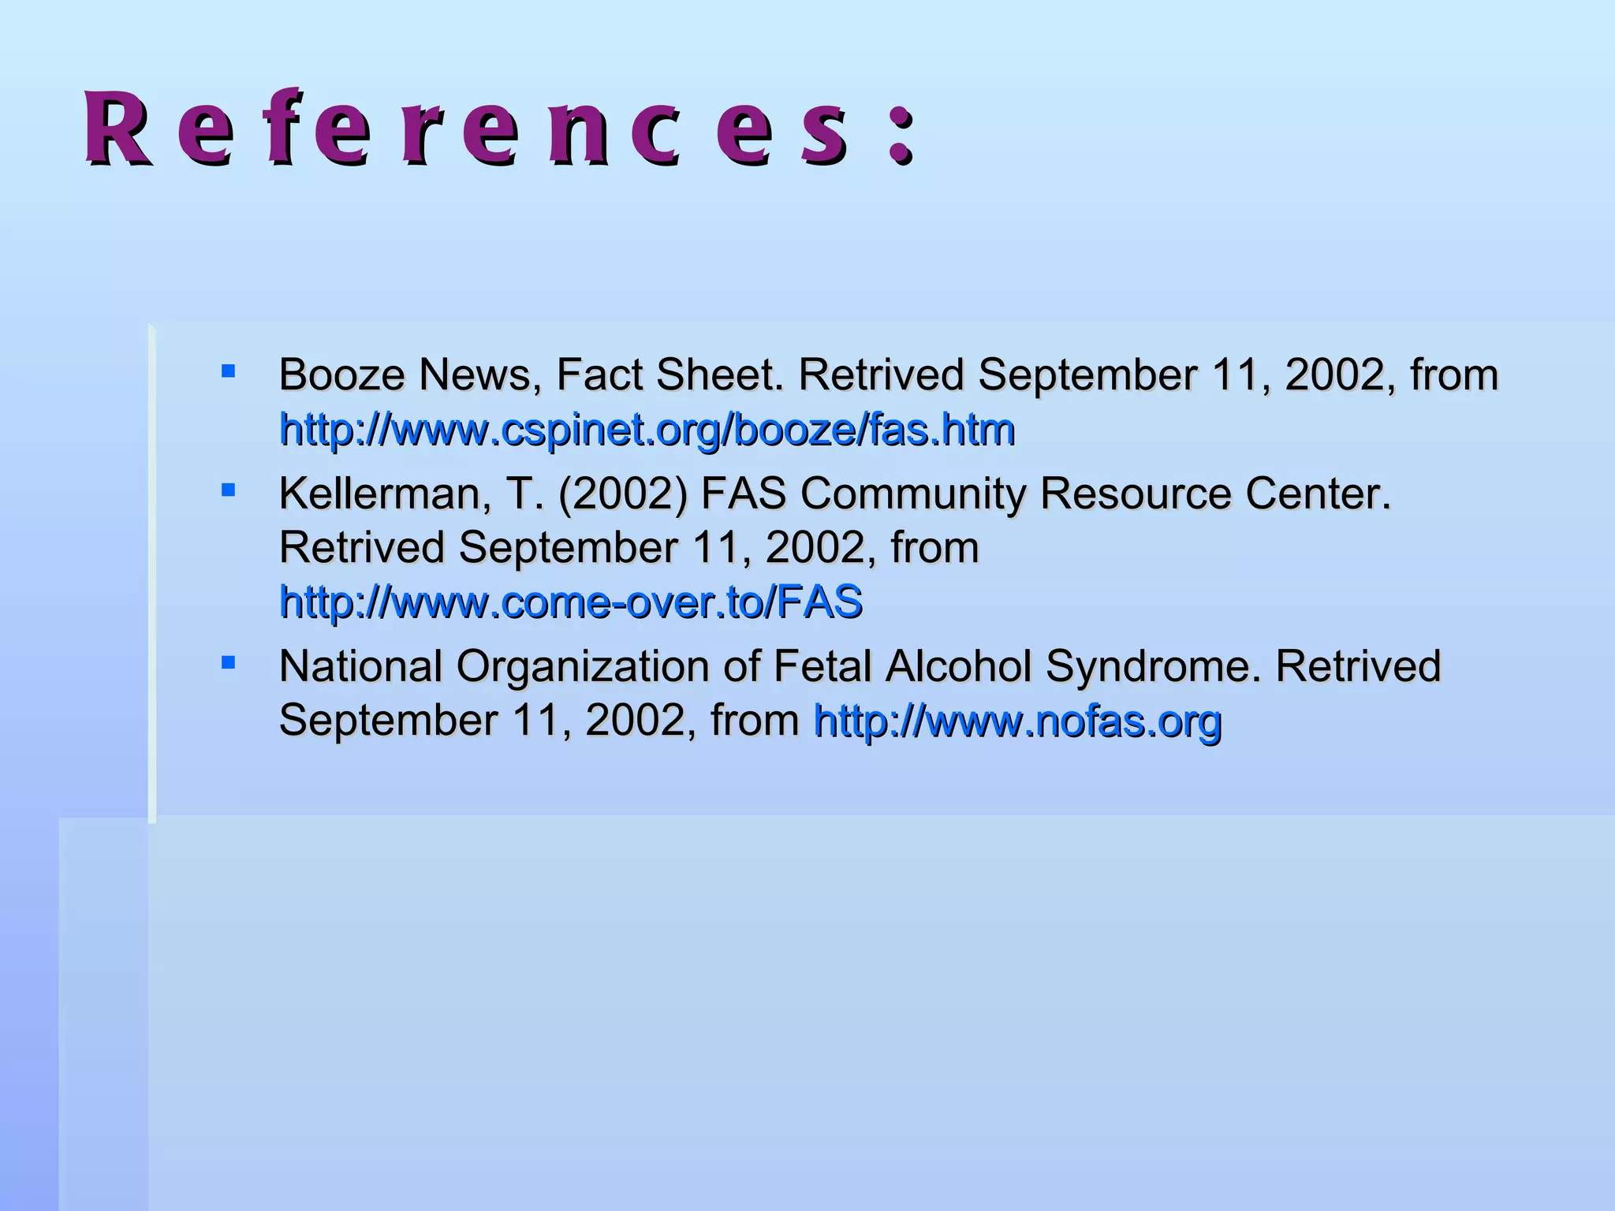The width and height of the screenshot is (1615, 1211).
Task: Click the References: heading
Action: (x=500, y=128)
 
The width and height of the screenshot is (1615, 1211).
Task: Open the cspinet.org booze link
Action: (x=647, y=430)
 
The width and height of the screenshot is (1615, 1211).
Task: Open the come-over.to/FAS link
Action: (x=571, y=602)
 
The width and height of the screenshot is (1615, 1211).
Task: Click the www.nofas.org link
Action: (x=1017, y=721)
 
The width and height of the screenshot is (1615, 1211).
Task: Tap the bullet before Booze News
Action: (x=229, y=371)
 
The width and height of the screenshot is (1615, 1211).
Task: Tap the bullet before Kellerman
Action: (x=229, y=490)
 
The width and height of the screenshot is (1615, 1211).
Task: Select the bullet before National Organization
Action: (x=229, y=662)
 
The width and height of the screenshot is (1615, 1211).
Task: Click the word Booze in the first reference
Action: (x=341, y=374)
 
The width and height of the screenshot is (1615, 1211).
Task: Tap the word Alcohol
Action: (x=958, y=666)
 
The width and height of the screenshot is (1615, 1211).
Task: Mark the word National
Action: (x=360, y=666)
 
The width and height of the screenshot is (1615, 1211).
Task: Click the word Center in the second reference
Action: (x=1318, y=494)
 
